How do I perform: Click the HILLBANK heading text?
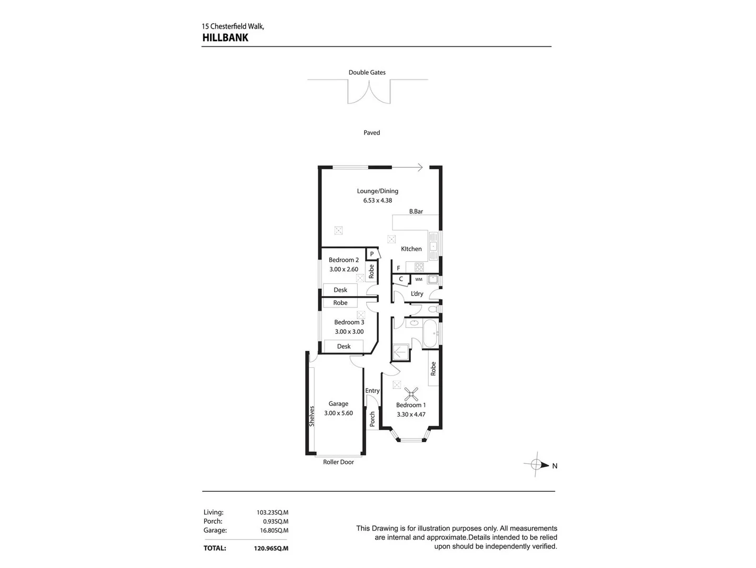[x=225, y=37]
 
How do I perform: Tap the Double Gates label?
[x=367, y=73]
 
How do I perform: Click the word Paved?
[x=371, y=133]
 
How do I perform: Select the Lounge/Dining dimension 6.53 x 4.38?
[x=377, y=200]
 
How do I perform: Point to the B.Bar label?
[x=416, y=211]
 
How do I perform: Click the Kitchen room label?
[x=411, y=249]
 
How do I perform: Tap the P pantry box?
[x=371, y=254]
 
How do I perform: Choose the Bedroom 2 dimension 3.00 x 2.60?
[x=344, y=269]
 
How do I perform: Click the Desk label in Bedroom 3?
[x=344, y=346]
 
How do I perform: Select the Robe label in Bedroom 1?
[x=433, y=369]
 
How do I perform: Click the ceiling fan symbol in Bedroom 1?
[x=411, y=393]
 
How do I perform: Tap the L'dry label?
[x=417, y=293]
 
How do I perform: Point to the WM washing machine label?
[x=419, y=279]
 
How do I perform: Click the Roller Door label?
[x=338, y=462]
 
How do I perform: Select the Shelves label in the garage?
[x=311, y=415]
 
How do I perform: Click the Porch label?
[x=372, y=419]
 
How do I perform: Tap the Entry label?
[x=372, y=391]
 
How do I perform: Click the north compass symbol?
[x=536, y=465]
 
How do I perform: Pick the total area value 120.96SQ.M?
[x=271, y=548]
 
